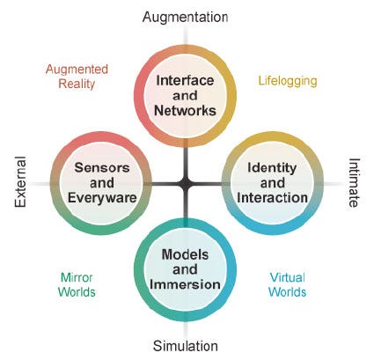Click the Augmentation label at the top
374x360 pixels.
coord(185,18)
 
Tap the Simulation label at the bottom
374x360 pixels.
coord(186,346)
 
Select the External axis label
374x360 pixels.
coord(20,182)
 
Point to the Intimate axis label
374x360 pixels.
coord(354,182)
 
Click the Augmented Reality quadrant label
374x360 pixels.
coord(77,77)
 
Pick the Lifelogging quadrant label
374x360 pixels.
coord(288,81)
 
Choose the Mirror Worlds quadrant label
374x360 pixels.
coord(77,284)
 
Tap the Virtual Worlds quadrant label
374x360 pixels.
coord(288,284)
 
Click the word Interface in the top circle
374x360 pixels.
coord(185,80)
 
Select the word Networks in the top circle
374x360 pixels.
coord(185,111)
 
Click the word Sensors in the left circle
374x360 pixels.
coord(102,167)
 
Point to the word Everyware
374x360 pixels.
coord(102,198)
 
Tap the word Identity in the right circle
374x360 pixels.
coord(272,168)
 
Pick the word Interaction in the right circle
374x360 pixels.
coord(272,197)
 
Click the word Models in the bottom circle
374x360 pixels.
coord(185,254)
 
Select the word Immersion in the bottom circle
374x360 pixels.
coord(185,284)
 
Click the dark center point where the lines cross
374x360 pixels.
coord(186,184)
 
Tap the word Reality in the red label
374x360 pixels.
coord(77,84)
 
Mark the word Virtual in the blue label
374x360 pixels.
coord(288,277)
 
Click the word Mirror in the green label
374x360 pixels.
coord(77,277)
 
